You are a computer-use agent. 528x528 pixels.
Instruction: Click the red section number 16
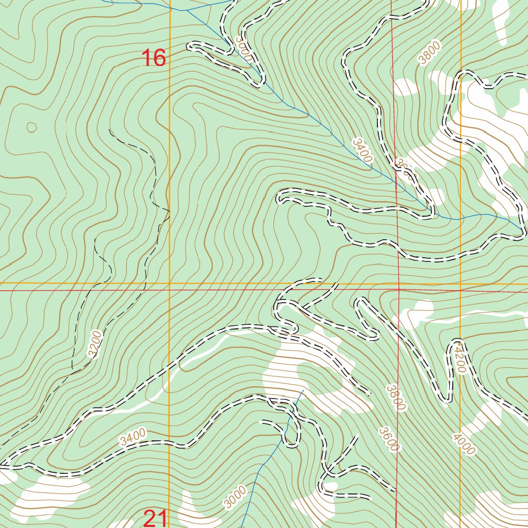click(x=154, y=58)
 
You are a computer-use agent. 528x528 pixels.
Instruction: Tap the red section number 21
click(x=155, y=518)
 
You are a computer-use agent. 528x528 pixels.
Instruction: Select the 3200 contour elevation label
click(x=95, y=344)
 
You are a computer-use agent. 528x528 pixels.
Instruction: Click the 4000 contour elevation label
click(x=463, y=444)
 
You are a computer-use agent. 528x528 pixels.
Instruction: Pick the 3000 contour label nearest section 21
click(x=235, y=497)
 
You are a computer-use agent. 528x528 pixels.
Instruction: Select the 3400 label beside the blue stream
click(x=362, y=151)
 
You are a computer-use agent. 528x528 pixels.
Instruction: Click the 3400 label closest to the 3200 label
click(x=133, y=437)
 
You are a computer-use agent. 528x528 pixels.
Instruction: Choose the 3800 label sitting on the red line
click(x=395, y=398)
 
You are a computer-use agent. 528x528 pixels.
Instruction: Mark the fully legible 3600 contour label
click(x=388, y=439)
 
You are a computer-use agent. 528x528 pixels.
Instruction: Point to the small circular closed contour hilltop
click(x=31, y=126)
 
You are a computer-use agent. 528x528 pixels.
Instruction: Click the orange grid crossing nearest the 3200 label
click(x=170, y=284)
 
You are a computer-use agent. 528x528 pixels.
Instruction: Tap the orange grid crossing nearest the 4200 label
click(x=460, y=284)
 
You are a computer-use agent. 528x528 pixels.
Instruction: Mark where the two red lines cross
click(x=399, y=290)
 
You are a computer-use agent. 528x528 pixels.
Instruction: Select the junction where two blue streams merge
click(x=186, y=10)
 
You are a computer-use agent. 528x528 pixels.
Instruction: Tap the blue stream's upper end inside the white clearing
click(x=303, y=391)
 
